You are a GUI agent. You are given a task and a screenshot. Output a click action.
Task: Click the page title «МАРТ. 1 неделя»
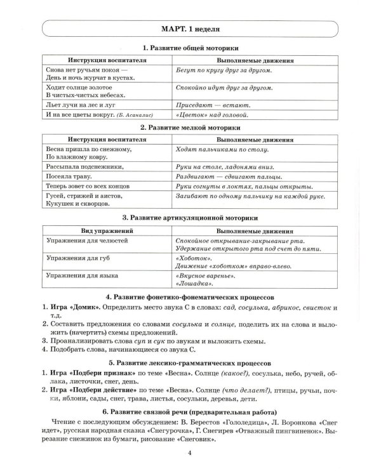[190, 29]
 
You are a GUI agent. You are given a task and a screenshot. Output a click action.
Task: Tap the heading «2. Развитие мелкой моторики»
[190, 128]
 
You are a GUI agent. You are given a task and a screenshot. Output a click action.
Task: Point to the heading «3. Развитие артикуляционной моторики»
[190, 216]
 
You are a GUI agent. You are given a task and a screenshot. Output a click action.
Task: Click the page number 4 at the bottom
[190, 452]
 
